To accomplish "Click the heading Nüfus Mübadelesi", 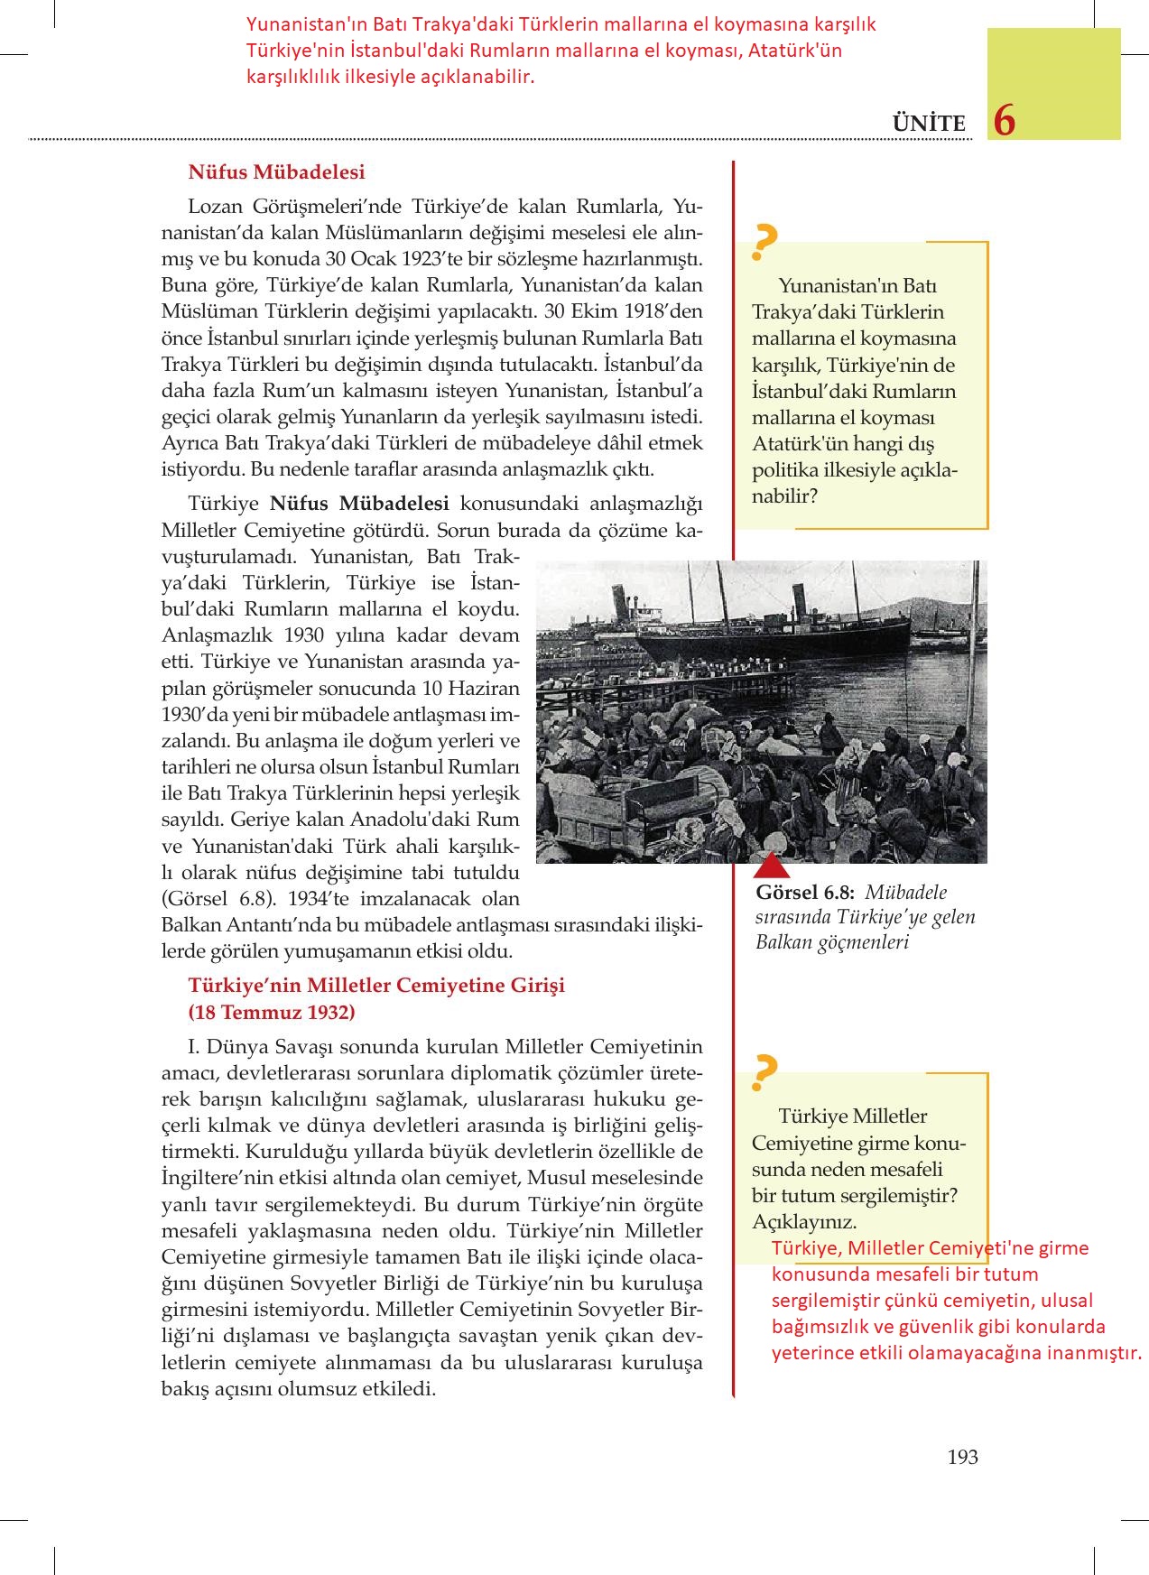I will (276, 171).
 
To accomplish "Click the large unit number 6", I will (1004, 121).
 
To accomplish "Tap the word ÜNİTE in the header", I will (929, 124).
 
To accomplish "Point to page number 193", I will (963, 1456).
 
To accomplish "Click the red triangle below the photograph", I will (772, 867).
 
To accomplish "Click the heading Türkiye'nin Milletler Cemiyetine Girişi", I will (375, 985).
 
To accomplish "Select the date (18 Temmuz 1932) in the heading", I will (272, 1012).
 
